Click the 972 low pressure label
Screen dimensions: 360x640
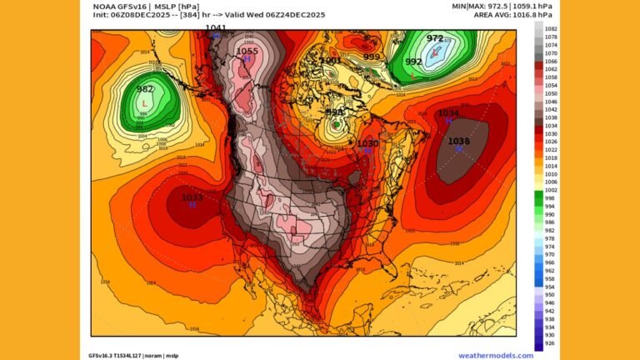(435, 38)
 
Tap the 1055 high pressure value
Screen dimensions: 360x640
(247, 52)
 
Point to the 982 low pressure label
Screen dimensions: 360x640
(145, 90)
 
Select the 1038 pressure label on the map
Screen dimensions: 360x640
(458, 142)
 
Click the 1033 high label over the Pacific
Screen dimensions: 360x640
(192, 197)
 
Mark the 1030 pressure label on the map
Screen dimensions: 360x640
(367, 143)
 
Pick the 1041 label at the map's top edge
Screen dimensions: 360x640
(215, 28)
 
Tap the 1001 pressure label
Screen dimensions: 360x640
(330, 60)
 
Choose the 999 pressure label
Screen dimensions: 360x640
(372, 57)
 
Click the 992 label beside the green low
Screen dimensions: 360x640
(413, 62)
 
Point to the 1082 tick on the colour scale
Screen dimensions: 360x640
(550, 29)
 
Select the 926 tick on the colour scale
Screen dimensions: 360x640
(550, 342)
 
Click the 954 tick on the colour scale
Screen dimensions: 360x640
(550, 287)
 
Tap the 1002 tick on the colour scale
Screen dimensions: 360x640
(550, 190)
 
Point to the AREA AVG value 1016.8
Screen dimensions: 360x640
(530, 15)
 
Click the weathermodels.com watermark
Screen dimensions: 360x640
(495, 355)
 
